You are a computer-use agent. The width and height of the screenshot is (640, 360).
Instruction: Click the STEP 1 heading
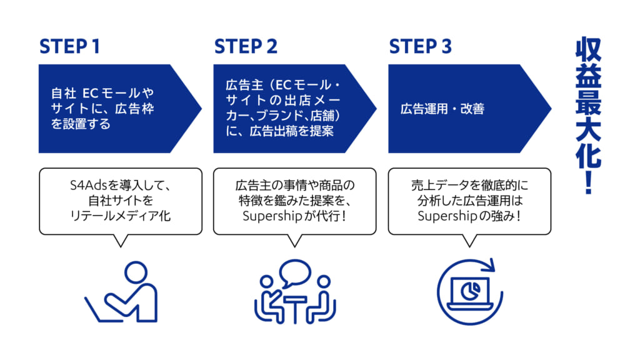tap(69, 46)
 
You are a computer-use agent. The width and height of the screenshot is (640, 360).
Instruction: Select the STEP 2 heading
tap(246, 46)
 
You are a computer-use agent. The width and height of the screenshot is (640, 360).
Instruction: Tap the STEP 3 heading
tap(421, 46)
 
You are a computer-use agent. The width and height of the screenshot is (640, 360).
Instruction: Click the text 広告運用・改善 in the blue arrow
tap(442, 109)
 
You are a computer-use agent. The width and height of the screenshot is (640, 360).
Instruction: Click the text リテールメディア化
tap(121, 216)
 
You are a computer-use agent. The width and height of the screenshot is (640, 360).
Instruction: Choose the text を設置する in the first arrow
tap(81, 124)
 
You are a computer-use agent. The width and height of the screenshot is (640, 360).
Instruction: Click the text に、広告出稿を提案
tap(279, 131)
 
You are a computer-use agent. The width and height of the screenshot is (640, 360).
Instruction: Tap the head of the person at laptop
tap(136, 272)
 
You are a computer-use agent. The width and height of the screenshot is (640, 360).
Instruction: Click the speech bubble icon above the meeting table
tap(295, 272)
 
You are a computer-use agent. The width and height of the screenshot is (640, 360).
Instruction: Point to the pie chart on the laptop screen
tap(470, 291)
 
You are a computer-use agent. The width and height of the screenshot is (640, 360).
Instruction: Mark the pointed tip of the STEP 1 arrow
tap(202, 109)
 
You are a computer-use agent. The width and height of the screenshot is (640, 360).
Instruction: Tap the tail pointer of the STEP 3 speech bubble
tap(469, 241)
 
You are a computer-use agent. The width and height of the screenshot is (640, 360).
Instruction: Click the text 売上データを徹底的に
tap(469, 185)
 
